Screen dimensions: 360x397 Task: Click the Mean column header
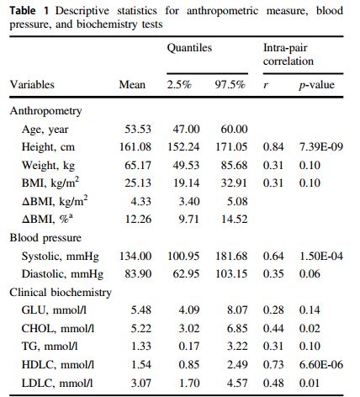[132, 85]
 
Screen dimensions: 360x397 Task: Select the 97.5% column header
[230, 85]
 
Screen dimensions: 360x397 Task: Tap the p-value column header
[316, 85]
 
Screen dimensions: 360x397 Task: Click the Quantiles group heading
[189, 48]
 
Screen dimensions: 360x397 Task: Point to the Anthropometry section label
[45, 111]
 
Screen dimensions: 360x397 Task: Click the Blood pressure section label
[45, 238]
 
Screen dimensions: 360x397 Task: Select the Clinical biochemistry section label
[61, 293]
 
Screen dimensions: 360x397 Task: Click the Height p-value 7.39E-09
[321, 147]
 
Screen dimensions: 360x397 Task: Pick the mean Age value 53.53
[138, 129]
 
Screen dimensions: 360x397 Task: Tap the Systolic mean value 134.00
[135, 257]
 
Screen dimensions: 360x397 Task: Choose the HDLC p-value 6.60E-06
[321, 365]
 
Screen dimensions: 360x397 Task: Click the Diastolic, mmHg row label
[62, 274]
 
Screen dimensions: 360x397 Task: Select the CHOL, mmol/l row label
[58, 328]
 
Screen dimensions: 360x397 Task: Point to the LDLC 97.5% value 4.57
[237, 383]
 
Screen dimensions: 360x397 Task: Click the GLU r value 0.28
[273, 310]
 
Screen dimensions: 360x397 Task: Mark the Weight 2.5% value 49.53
[186, 165]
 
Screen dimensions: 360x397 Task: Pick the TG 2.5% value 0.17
[189, 347]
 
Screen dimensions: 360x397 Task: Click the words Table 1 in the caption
[29, 11]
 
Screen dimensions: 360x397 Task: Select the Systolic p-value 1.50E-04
[321, 257]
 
